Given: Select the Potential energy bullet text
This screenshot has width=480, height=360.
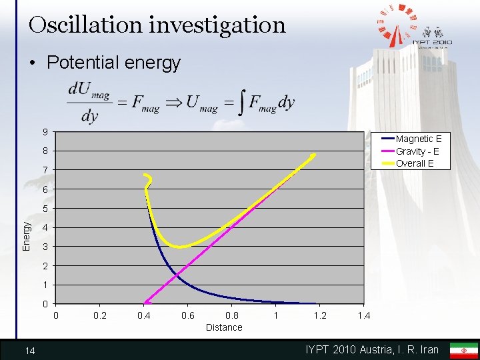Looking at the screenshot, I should [114, 63].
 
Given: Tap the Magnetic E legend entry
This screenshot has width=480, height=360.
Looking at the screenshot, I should [418, 139].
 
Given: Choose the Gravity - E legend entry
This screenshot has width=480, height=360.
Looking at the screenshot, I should [417, 151].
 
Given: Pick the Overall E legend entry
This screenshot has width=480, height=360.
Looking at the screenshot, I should [415, 163].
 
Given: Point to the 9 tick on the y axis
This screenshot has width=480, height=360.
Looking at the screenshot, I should [45, 131].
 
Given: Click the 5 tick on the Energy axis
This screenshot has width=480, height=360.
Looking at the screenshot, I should [45, 209].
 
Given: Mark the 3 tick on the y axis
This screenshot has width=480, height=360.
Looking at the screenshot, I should [45, 247].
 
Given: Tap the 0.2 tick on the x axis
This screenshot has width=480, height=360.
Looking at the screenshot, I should [100, 315].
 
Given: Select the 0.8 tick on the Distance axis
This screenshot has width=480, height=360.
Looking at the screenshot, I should [232, 315].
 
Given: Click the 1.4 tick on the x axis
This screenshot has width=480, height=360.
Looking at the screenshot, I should [364, 315].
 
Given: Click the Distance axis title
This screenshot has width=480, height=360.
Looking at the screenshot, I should [224, 327].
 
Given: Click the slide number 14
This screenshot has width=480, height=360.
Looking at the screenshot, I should [30, 350].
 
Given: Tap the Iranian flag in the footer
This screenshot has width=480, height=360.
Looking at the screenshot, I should [463, 350].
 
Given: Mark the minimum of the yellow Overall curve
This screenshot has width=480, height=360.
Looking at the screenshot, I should [179, 247].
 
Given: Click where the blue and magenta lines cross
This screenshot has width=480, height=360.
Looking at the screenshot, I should [177, 274].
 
